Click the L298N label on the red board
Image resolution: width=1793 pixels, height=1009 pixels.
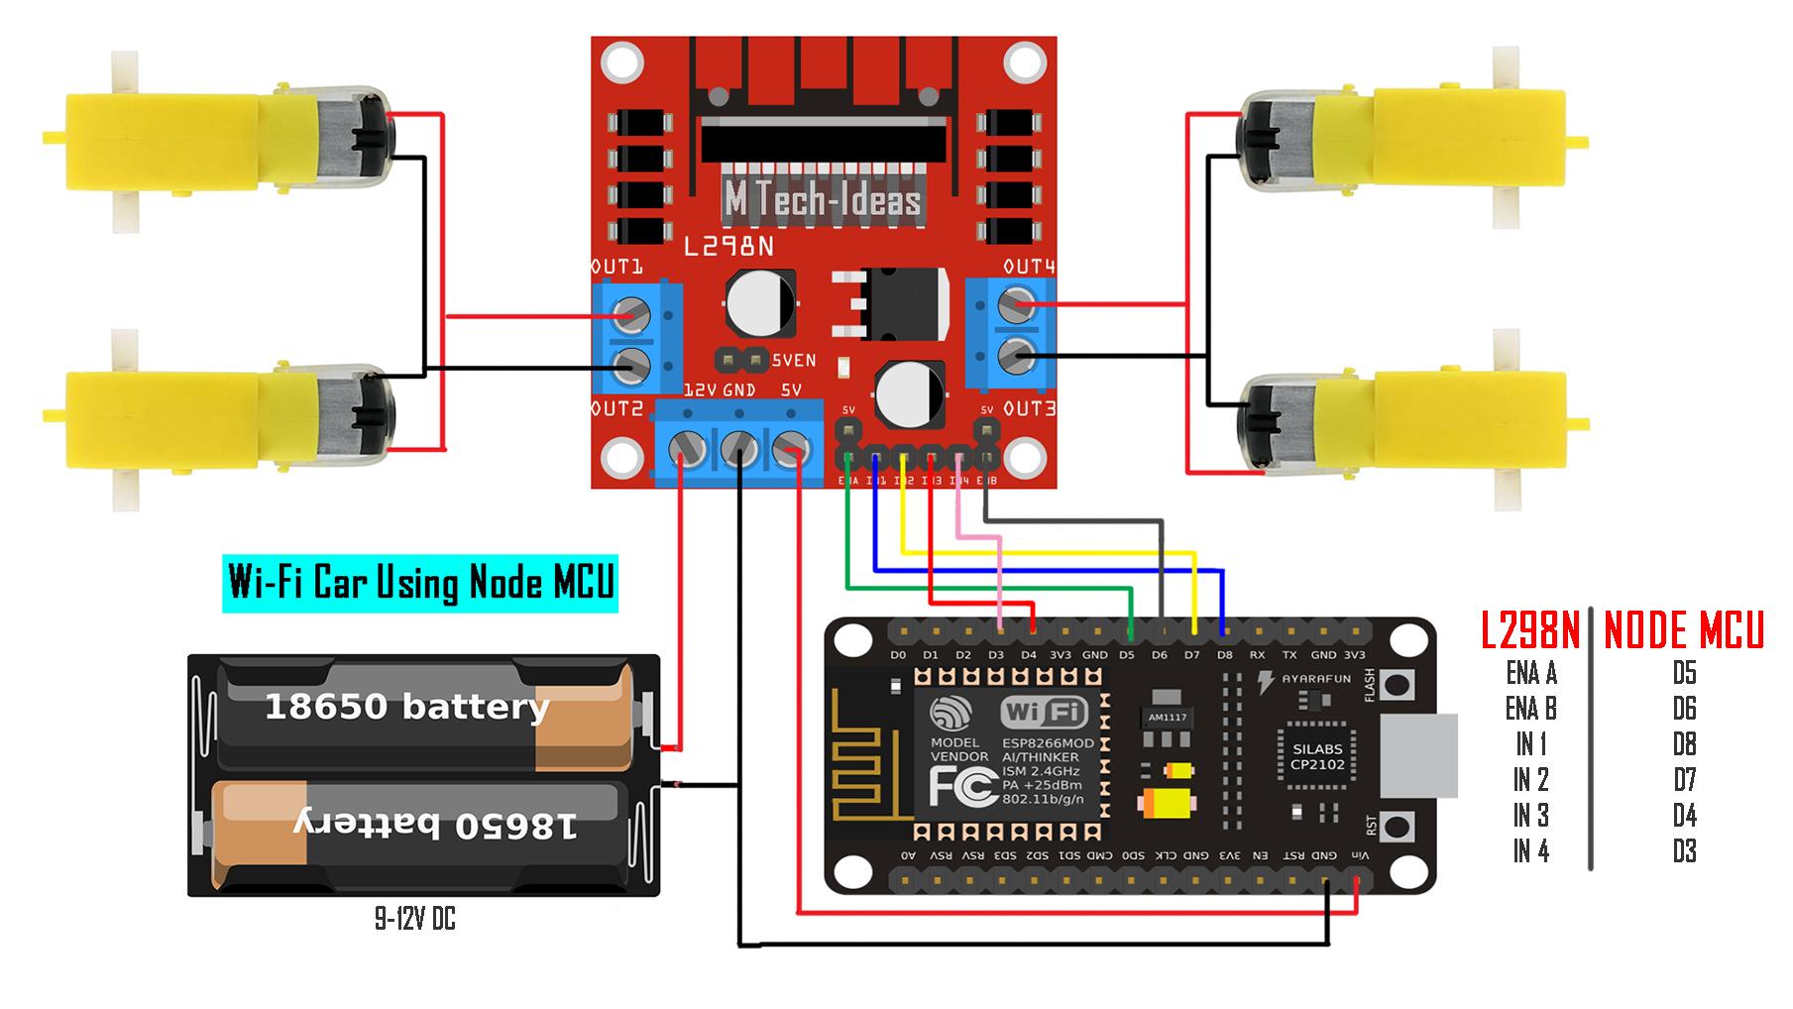728,246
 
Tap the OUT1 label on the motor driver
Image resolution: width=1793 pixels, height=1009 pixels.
617,267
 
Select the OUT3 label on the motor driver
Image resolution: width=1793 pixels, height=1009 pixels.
1030,408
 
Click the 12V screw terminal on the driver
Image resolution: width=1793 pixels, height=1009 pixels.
687,449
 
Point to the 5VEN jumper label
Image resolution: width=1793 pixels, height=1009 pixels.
793,361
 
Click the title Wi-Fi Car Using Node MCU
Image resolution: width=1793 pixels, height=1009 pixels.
420,582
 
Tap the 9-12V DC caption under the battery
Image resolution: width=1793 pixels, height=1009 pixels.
414,920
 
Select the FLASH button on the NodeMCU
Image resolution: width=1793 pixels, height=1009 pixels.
1397,685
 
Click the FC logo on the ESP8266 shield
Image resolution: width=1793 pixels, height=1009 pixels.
962,788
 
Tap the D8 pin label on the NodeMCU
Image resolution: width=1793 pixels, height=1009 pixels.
1225,655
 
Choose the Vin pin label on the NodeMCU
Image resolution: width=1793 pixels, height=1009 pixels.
1362,855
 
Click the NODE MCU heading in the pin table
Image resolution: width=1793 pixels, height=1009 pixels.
1683,630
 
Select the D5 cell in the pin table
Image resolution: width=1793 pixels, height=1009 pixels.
1684,673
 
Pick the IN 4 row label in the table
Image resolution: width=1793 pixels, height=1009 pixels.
1530,850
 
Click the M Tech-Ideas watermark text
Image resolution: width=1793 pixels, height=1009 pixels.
823,201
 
